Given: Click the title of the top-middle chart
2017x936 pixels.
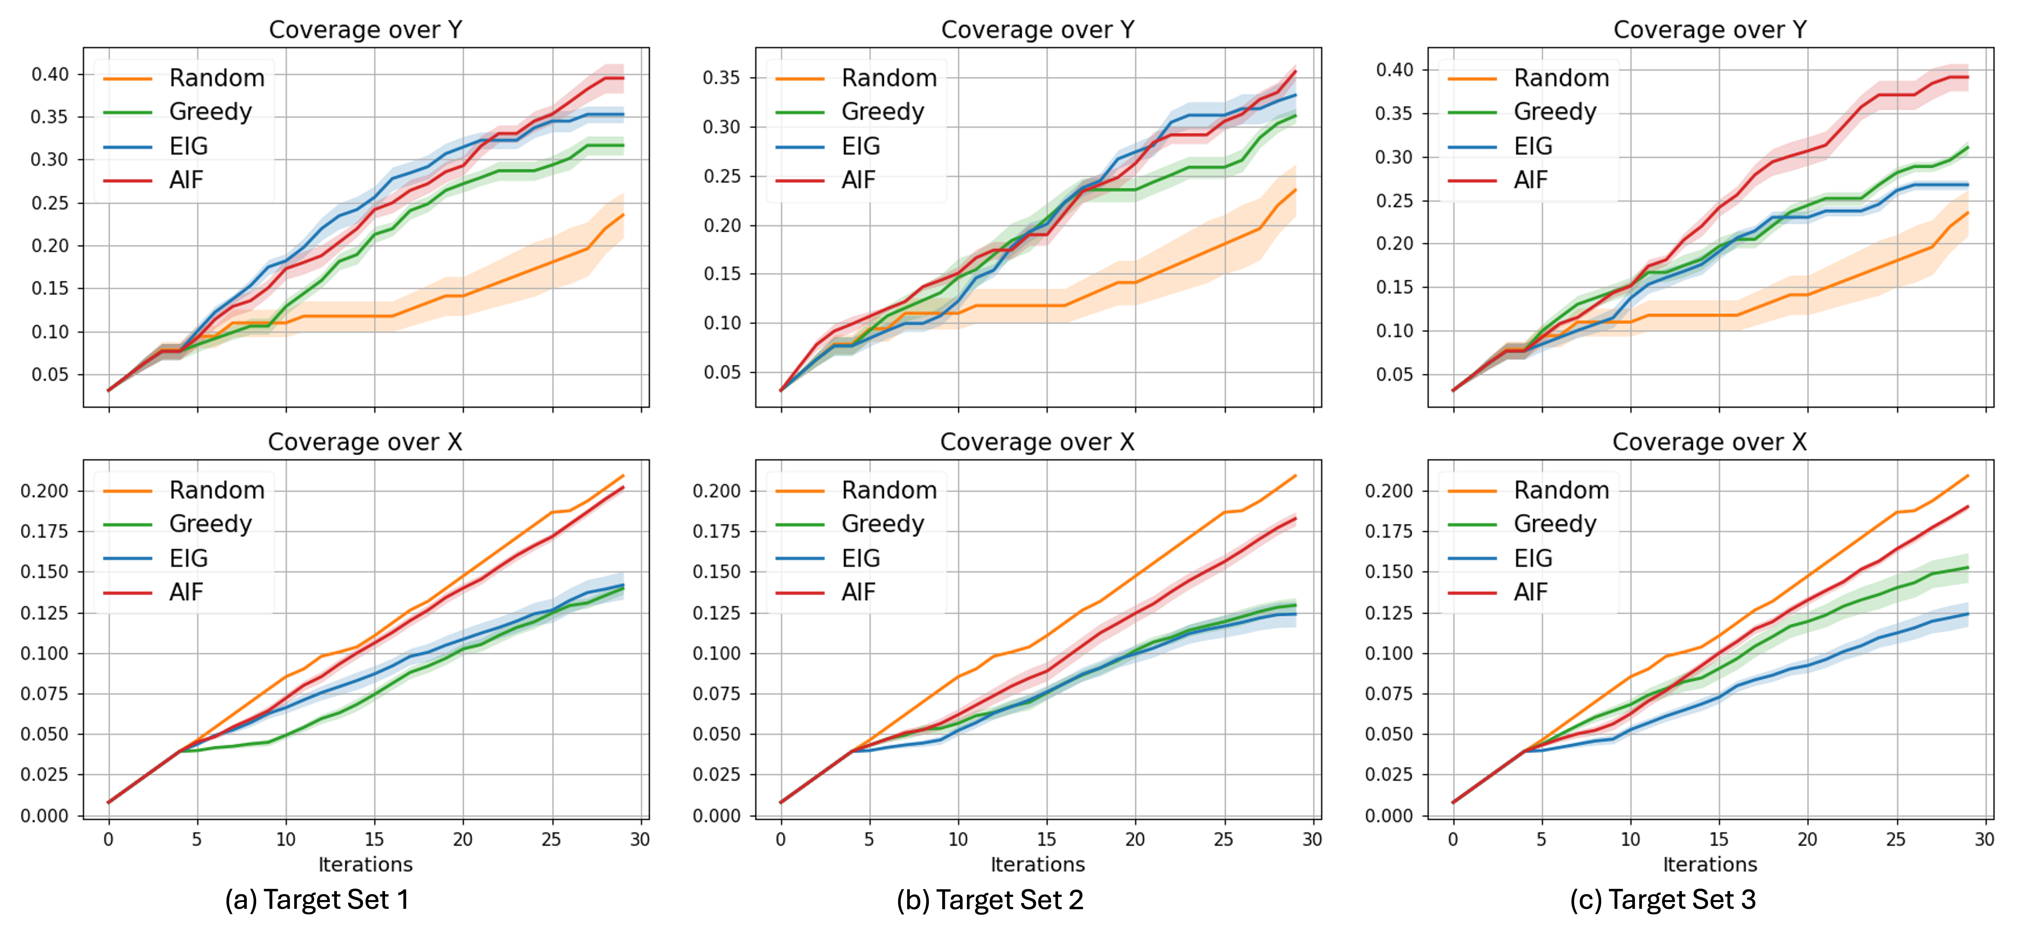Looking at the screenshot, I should click(x=1037, y=30).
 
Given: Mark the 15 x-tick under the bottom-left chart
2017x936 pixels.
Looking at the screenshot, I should click(x=374, y=839).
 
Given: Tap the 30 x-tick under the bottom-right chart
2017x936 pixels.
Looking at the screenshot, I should click(x=1984, y=839).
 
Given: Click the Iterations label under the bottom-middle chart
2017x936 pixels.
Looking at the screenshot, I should click(x=1037, y=864).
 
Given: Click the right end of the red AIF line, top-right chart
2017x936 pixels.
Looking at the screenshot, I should click(x=1968, y=77).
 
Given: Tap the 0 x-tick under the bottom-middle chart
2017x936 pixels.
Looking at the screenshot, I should click(x=781, y=839).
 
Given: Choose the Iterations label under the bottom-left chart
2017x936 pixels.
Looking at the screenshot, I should click(x=365, y=864).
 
